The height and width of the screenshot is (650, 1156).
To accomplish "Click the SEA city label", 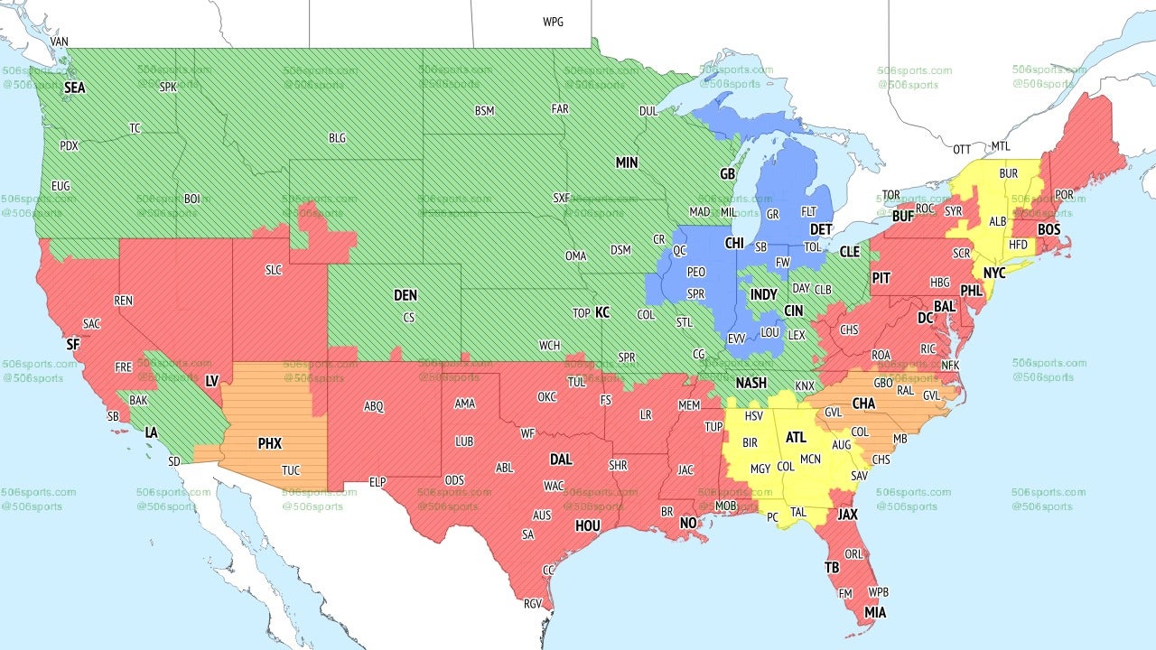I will [74, 88].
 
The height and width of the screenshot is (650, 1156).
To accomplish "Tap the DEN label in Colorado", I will [406, 295].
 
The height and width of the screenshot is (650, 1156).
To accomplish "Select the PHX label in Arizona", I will [269, 443].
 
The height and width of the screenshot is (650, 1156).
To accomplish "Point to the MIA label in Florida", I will [874, 613].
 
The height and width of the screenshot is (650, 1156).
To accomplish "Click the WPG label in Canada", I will [553, 22].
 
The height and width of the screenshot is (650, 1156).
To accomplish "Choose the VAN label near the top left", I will [60, 42].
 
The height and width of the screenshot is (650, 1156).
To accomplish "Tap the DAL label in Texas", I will [561, 460].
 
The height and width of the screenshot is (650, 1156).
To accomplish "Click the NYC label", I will [994, 272].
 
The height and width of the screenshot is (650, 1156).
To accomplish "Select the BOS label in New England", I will [1049, 230].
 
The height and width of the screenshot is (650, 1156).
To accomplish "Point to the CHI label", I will [733, 244].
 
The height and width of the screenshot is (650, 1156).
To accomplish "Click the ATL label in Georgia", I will [796, 437].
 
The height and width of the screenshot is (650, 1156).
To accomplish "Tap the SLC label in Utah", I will [274, 270].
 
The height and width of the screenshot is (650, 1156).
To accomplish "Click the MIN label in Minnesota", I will [627, 162].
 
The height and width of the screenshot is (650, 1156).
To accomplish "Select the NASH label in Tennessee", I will [750, 383].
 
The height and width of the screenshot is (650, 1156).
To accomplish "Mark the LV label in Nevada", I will [212, 381].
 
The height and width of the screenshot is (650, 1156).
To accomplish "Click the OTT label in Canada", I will [963, 148].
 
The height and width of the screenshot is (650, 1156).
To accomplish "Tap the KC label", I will [602, 312].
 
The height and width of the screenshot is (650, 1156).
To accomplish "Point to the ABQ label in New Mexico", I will [374, 406].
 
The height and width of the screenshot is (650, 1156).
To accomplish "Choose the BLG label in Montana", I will [337, 138].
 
